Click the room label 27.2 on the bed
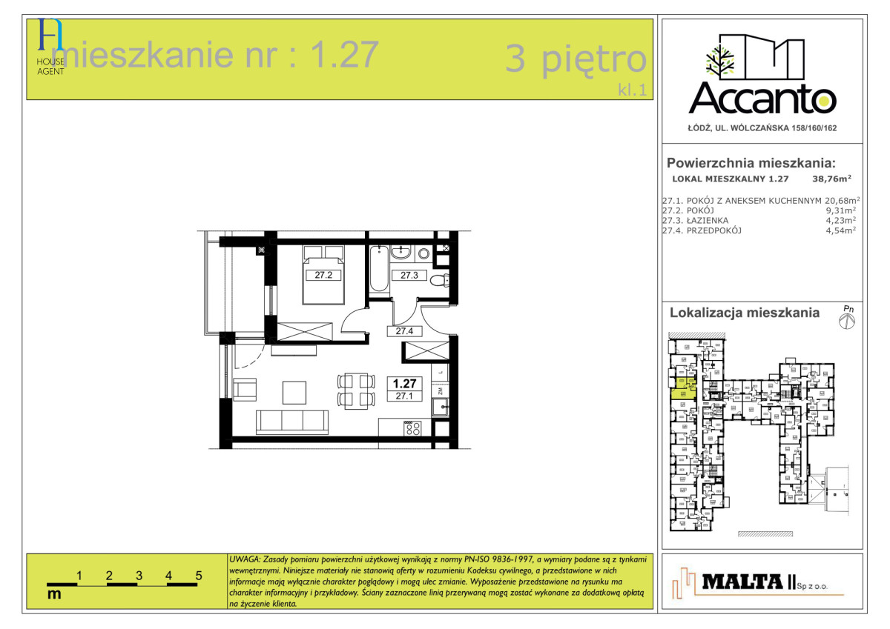point(323,276)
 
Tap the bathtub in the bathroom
point(378,270)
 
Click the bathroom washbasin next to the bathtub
point(401,253)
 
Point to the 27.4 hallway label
point(404,331)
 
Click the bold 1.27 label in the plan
point(404,384)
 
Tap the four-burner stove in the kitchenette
point(412,428)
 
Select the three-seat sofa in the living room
point(292,422)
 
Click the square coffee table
point(294,392)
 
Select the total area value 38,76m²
point(831,179)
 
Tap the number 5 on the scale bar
point(199,574)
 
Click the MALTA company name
point(742,582)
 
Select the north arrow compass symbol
point(847,319)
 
